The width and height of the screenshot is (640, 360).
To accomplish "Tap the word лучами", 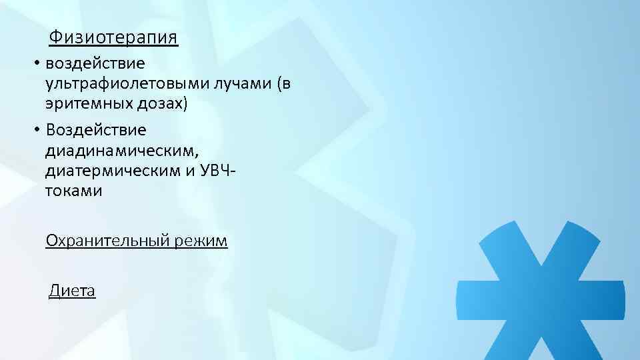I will tap(236, 84).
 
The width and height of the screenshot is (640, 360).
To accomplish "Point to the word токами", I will tap(74, 191).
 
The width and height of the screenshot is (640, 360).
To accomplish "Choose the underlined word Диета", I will tap(72, 291).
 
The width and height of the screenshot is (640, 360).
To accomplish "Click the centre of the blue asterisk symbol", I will tap(541, 299).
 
